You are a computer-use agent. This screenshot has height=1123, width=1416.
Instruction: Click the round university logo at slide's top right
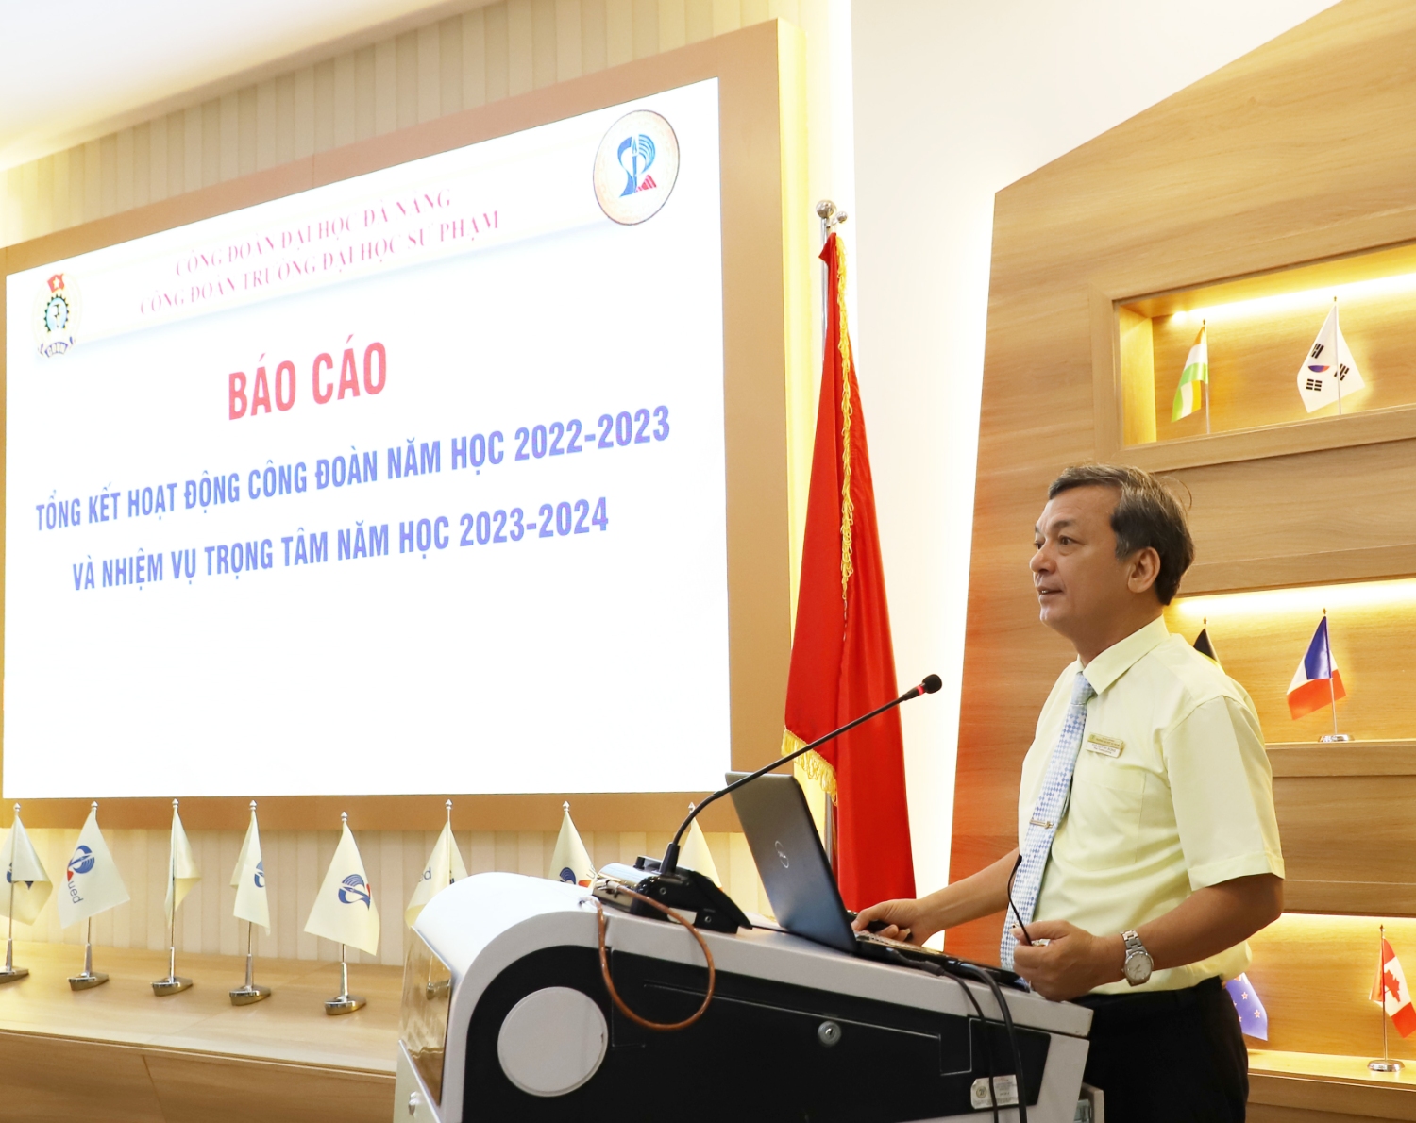pyautogui.click(x=635, y=167)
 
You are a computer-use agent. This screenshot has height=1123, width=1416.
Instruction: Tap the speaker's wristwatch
pyautogui.click(x=1137, y=958)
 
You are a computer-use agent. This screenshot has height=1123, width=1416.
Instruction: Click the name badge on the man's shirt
pyautogui.click(x=1104, y=746)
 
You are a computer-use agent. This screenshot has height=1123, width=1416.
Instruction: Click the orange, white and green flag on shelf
pyautogui.click(x=1191, y=376)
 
